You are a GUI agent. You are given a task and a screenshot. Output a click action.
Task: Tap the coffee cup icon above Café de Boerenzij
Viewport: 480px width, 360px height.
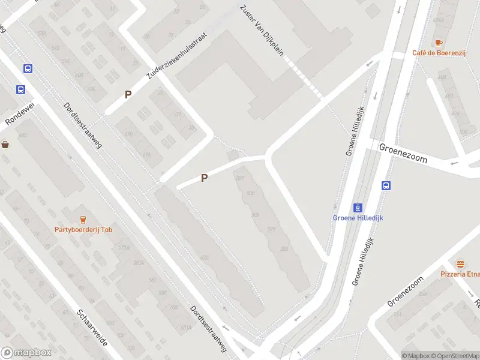point(439,42)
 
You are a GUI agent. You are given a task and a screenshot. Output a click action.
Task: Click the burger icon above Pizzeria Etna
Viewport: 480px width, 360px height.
point(461,264)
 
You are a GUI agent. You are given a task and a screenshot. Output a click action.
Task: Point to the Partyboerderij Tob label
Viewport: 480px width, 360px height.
point(83,229)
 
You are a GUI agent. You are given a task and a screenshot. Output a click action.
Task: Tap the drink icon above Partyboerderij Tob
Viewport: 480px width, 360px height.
point(83,219)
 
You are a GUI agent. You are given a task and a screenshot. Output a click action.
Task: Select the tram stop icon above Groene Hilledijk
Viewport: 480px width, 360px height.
point(358,208)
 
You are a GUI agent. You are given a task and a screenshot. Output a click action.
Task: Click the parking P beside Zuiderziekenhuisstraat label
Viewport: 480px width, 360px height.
point(128,94)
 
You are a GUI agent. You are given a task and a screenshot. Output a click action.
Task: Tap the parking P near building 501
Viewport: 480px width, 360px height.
point(204,178)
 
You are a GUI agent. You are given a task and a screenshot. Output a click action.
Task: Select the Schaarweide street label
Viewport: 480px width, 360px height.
point(92,329)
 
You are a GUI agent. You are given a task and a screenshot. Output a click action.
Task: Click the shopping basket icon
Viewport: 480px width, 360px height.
point(5,144)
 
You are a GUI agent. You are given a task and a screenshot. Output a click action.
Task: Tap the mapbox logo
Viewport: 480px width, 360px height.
point(26,353)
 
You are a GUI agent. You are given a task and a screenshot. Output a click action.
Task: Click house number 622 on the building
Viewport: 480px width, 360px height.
point(205,258)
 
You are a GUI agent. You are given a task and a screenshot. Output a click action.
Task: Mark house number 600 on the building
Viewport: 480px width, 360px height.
point(80,75)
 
